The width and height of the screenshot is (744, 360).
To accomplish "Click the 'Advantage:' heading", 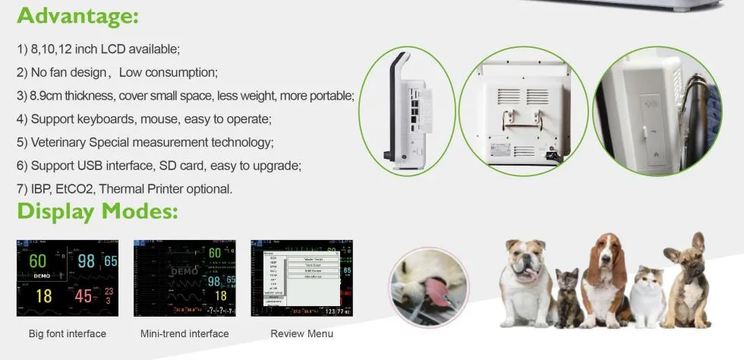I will [78, 15].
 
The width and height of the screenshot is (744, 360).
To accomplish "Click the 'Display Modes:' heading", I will [97, 211].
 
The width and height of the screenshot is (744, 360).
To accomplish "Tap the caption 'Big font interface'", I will [68, 333].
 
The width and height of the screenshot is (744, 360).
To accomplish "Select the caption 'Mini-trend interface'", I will [184, 333].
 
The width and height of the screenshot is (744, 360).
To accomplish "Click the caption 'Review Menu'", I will [301, 333].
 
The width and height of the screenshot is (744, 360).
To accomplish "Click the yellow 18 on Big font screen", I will [44, 295].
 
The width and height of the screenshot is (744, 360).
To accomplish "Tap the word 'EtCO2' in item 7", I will [76, 189].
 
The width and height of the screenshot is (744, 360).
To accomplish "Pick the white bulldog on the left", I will [526, 281].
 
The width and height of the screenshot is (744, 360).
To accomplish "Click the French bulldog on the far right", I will [687, 281].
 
